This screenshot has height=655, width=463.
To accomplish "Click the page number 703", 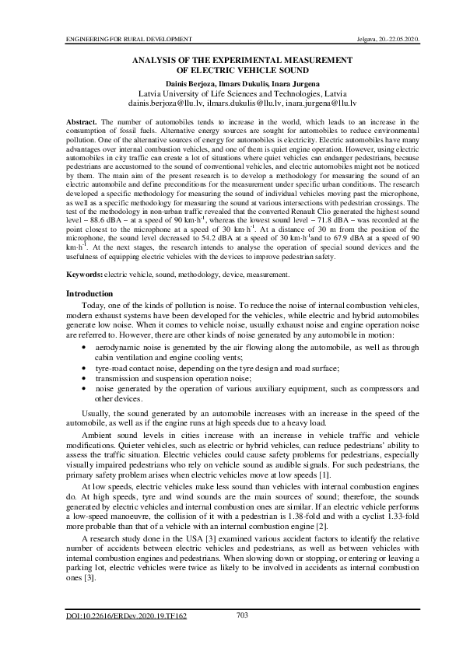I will click(x=241, y=615).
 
